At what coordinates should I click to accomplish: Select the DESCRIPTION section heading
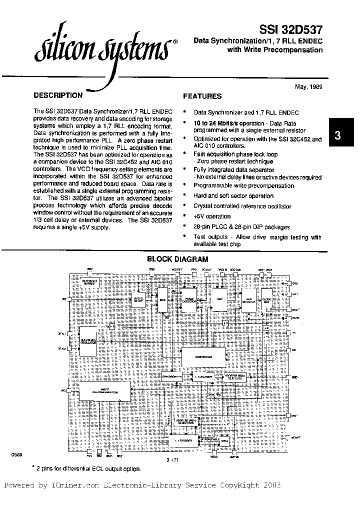click(57, 95)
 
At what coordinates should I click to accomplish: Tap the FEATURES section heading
click(202, 96)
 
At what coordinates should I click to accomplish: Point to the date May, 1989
click(308, 86)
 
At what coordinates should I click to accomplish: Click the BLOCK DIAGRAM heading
click(177, 259)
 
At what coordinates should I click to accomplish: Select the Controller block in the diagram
click(204, 357)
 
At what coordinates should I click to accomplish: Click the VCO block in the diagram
click(218, 299)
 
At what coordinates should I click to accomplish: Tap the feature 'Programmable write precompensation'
click(243, 185)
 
